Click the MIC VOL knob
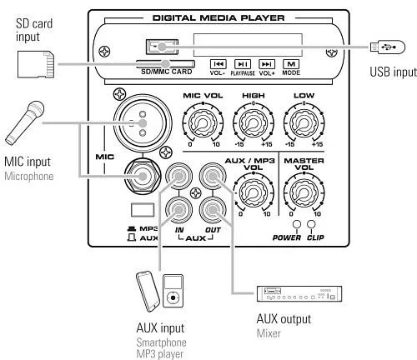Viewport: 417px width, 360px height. click(203, 122)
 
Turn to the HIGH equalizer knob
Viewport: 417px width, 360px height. click(254, 122)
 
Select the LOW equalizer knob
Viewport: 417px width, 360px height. click(304, 122)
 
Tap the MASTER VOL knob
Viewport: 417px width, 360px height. click(304, 192)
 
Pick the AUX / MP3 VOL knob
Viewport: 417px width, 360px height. click(254, 192)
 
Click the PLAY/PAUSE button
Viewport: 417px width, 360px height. click(243, 64)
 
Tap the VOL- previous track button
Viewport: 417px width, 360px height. click(219, 64)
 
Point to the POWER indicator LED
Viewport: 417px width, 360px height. click(297, 224)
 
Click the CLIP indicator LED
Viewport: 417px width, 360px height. click(311, 224)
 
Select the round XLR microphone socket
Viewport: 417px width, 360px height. click(143, 123)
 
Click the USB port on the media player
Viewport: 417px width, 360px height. click(162, 47)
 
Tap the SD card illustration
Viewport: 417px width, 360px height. click(36, 64)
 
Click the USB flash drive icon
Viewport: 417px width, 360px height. click(388, 47)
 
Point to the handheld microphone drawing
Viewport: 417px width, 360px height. click(25, 122)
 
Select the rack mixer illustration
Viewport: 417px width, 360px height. click(299, 293)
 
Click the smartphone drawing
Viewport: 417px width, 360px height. click(148, 292)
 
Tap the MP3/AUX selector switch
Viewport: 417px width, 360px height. click(143, 210)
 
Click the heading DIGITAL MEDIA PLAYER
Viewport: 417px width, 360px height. click(219, 18)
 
